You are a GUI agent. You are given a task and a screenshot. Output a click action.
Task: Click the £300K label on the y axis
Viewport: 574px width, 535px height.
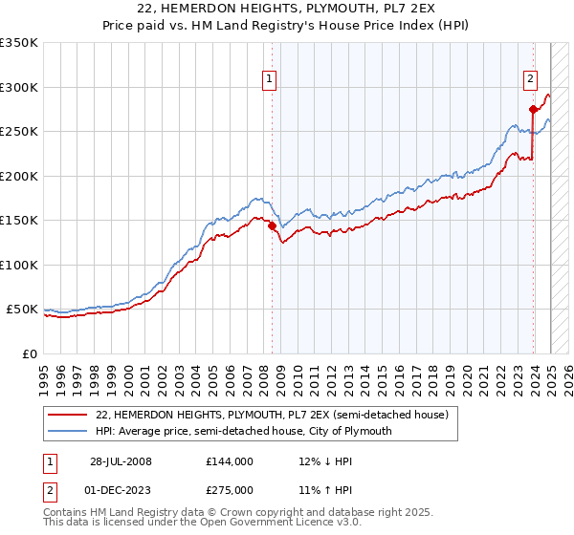tap(19, 87)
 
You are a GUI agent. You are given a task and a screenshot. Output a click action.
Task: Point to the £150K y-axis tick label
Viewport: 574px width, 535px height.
tap(19, 220)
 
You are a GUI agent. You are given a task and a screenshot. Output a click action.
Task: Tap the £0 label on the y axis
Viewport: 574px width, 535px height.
tap(31, 353)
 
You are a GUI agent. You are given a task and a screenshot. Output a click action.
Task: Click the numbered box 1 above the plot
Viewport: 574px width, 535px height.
tap(270, 80)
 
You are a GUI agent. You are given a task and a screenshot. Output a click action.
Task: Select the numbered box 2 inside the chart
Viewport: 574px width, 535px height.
tap(530, 80)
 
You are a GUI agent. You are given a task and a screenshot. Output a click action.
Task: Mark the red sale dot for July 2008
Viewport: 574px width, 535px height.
tap(272, 226)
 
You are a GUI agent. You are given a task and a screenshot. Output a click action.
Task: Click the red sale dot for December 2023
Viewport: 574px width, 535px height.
tap(532, 110)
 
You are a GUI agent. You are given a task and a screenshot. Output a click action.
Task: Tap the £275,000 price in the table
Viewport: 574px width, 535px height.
tap(230, 490)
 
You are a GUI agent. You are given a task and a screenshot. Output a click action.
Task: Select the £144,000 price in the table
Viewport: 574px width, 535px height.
tap(230, 461)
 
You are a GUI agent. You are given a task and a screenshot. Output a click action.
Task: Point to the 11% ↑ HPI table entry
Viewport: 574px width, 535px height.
tap(313, 490)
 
